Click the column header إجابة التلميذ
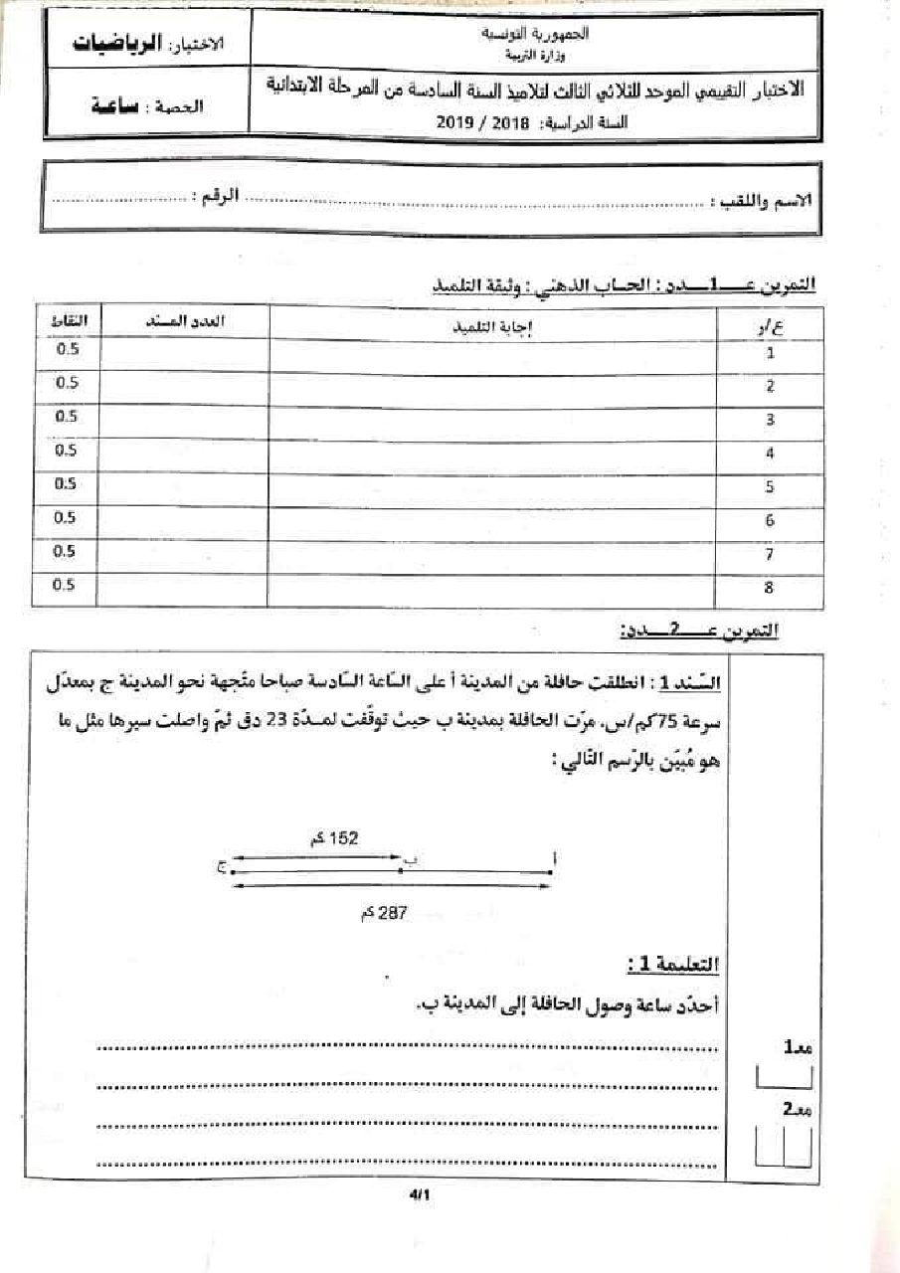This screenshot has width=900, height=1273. (x=492, y=323)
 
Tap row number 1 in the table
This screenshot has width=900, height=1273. (x=770, y=353)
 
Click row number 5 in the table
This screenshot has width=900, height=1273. (x=770, y=487)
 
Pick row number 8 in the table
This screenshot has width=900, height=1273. (x=770, y=589)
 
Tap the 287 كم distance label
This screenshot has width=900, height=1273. (x=383, y=911)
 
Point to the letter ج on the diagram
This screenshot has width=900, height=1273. (x=221, y=868)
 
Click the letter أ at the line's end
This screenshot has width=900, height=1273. (x=554, y=858)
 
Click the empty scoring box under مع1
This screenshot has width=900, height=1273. (x=785, y=1076)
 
